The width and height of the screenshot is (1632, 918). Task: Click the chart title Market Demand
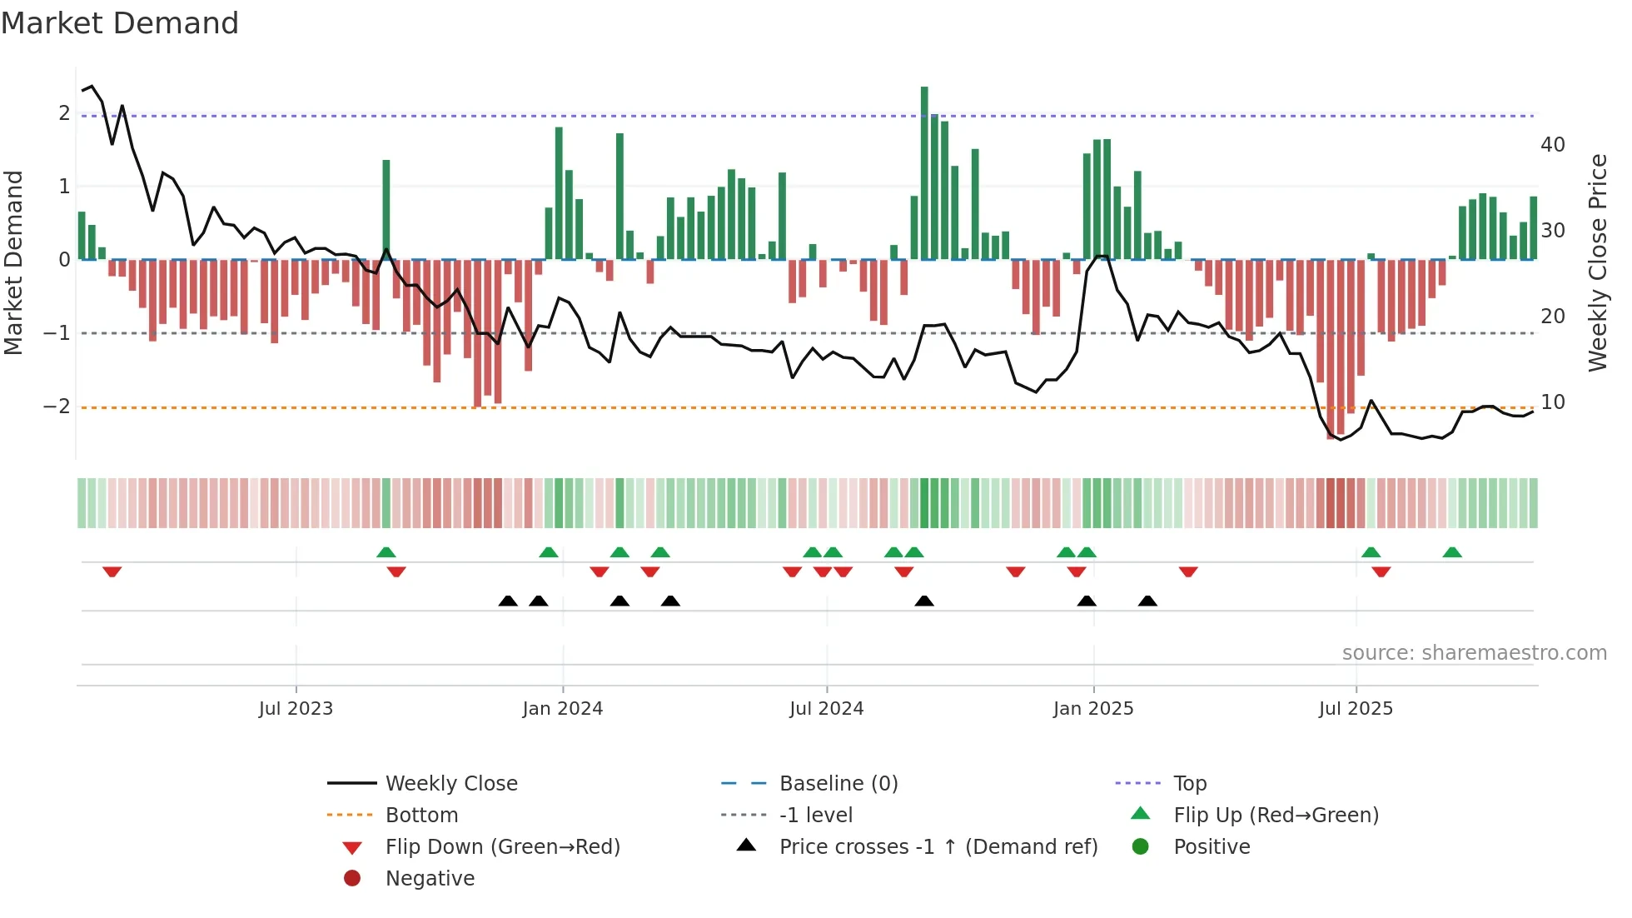click(120, 23)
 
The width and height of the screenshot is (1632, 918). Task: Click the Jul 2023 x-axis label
click(296, 709)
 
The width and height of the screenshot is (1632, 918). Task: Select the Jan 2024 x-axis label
click(562, 709)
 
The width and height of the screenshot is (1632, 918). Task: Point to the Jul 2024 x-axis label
click(826, 709)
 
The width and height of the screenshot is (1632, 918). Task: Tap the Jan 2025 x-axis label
click(1092, 709)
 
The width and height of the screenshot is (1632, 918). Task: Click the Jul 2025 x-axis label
click(1356, 709)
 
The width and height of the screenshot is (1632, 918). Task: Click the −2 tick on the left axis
click(57, 407)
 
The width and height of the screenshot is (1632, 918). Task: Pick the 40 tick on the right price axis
click(1552, 145)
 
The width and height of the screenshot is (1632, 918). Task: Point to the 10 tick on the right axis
click(1552, 402)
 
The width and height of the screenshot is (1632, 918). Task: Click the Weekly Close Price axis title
click(1597, 262)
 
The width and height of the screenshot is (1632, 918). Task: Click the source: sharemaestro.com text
click(1474, 653)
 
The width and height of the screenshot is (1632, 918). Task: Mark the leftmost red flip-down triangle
click(112, 571)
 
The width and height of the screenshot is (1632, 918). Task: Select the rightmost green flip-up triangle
click(1452, 552)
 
